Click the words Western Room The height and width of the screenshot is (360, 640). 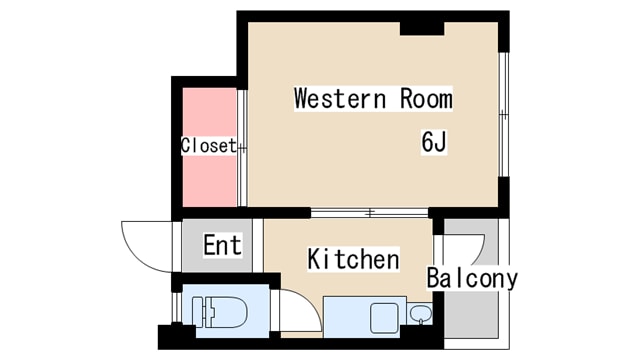click(372, 99)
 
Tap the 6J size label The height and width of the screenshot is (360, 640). click(433, 143)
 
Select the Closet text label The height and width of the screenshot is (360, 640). click(208, 146)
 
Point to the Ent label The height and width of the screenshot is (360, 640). click(221, 245)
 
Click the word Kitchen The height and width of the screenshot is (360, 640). click(352, 260)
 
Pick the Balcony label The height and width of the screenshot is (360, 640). click(472, 278)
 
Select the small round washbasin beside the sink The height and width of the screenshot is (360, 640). click(419, 316)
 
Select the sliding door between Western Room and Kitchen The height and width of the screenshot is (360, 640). click(369, 212)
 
